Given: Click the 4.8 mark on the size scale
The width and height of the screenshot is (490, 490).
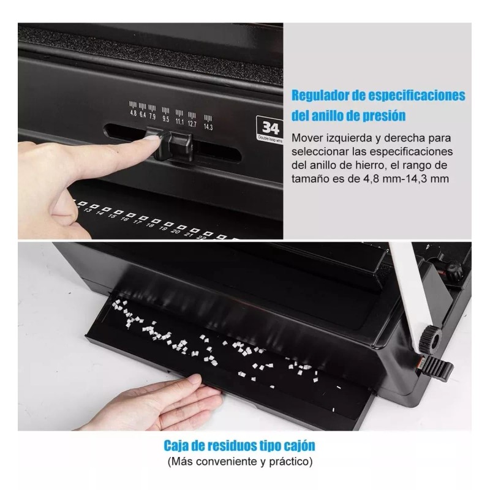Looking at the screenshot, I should (x=134, y=113).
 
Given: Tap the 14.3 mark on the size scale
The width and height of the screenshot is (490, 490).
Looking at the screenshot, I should (x=208, y=127).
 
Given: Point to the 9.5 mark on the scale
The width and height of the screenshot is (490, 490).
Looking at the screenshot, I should (x=165, y=119).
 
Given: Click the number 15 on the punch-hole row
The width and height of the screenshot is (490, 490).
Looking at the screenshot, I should (x=112, y=216).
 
